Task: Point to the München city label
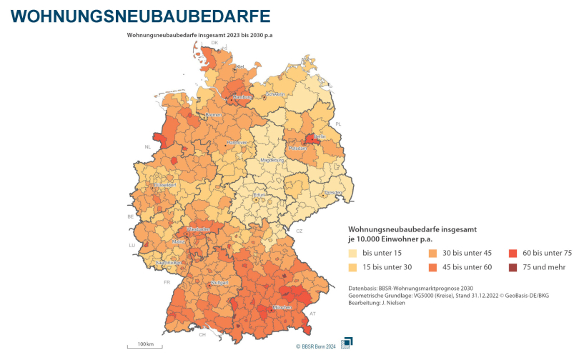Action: click(x=281, y=307)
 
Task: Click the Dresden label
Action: click(x=335, y=193)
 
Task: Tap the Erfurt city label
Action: click(x=259, y=195)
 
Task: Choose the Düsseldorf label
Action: click(x=165, y=185)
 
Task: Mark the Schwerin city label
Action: click(x=275, y=94)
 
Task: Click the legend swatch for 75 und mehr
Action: click(x=513, y=267)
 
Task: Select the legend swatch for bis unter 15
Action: click(x=352, y=253)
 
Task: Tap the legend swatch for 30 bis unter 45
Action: click(x=433, y=253)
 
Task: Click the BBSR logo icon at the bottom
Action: click(x=346, y=342)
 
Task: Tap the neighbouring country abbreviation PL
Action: click(x=339, y=124)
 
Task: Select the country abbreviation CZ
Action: click(x=300, y=231)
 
